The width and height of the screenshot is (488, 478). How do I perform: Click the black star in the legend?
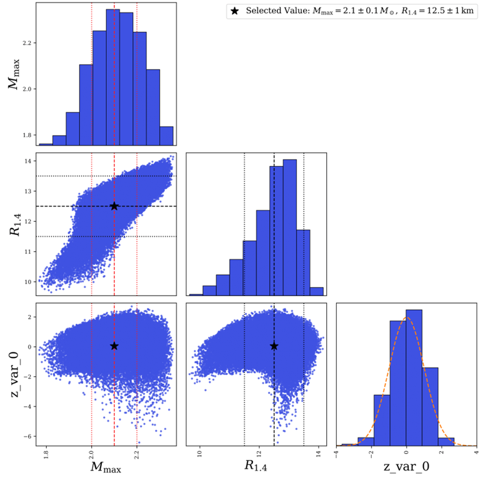[235, 11]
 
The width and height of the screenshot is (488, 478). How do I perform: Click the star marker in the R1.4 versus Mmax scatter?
[114, 206]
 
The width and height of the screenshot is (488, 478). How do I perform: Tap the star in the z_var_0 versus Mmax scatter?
[114, 346]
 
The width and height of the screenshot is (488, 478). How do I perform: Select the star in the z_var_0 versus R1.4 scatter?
[274, 346]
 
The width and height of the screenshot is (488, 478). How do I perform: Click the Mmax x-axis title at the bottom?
[105, 466]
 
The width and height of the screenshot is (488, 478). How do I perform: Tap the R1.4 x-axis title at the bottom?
[256, 466]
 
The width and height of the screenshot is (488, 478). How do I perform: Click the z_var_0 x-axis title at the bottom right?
[406, 466]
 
